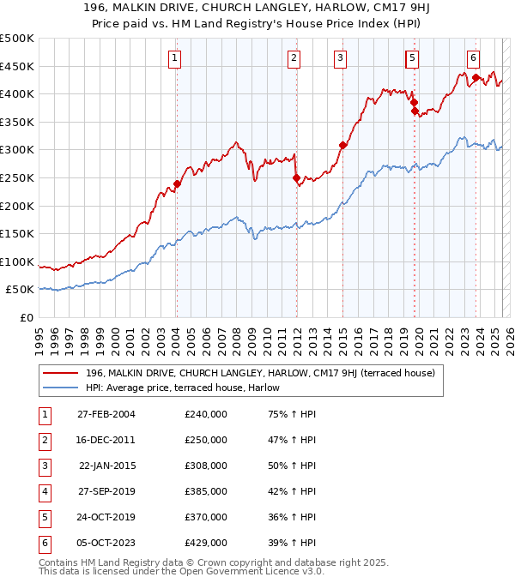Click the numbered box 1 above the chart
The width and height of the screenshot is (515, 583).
[x=174, y=58]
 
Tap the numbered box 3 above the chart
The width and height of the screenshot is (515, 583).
[x=341, y=58]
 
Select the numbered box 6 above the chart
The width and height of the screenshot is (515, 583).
[x=473, y=58]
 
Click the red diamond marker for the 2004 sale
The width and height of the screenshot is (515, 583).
[x=177, y=183]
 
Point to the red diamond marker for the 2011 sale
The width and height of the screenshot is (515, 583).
[x=296, y=178]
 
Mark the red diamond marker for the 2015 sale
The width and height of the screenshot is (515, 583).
[x=342, y=146]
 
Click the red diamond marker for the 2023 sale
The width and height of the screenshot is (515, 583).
[x=474, y=78]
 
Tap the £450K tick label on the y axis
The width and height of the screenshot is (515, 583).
[x=17, y=66]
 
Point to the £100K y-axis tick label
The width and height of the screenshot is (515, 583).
[x=17, y=261]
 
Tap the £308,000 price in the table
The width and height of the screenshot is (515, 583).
[x=206, y=466]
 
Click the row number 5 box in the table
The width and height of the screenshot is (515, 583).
[x=44, y=517]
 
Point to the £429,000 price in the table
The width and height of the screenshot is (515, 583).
[x=206, y=543]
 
